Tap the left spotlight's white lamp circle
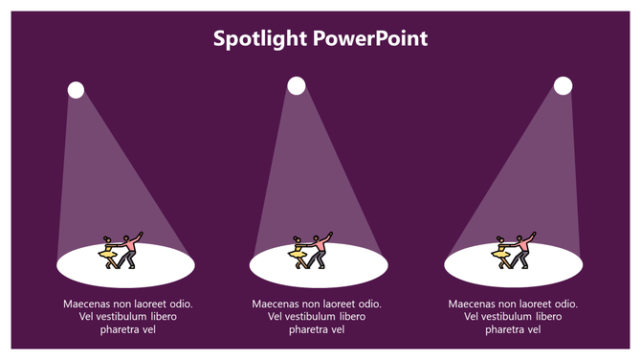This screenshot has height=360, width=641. pos(76,90)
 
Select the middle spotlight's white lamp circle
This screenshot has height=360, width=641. pos(297,86)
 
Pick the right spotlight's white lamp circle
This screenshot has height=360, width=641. pos(564,86)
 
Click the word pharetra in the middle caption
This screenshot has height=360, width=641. pos(311,330)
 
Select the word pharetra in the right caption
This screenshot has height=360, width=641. pos(506,330)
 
